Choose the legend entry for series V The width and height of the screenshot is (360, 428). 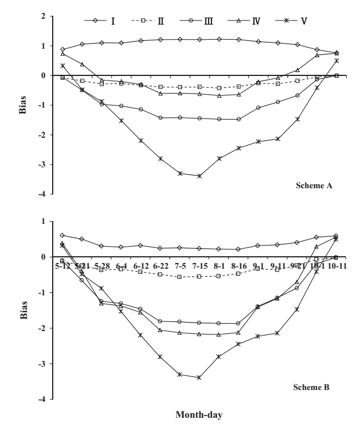(x=298, y=21)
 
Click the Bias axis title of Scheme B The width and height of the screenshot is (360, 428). (x=22, y=310)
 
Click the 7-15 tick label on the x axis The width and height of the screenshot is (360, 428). (x=199, y=265)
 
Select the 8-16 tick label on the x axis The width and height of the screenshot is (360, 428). (x=238, y=265)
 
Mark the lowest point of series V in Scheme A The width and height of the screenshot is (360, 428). (x=199, y=176)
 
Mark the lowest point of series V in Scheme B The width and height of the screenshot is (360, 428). (x=199, y=378)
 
